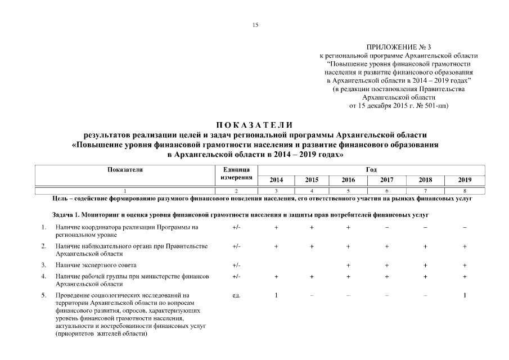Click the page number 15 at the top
point(255,25)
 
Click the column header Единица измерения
point(236,174)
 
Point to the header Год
point(371,170)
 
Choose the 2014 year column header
point(276,180)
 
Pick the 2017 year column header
point(386,180)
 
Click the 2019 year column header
point(465,180)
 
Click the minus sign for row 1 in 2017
point(386,227)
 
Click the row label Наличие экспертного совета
point(96,265)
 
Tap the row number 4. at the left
point(43,277)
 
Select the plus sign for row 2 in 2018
point(426,246)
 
